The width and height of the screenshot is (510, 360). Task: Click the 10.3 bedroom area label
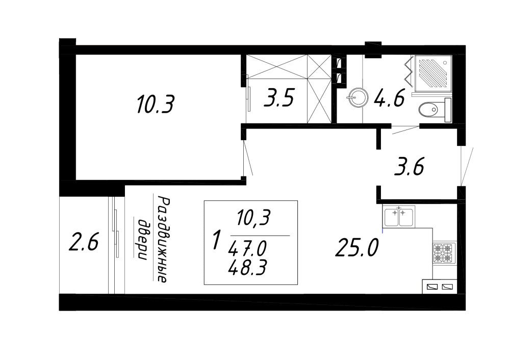(156, 104)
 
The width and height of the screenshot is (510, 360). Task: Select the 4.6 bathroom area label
(389, 98)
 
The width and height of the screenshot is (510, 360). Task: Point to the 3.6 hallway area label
(409, 167)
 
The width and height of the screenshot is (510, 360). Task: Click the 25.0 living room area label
(357, 247)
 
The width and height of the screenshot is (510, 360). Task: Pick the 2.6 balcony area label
(84, 242)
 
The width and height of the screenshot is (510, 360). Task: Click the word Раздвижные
(163, 239)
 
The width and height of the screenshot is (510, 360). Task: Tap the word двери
(142, 239)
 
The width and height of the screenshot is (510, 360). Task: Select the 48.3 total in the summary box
(247, 268)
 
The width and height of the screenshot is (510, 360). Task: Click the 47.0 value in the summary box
(247, 249)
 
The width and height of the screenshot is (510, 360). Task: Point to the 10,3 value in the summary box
(253, 217)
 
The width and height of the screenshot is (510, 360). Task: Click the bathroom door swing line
(405, 130)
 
